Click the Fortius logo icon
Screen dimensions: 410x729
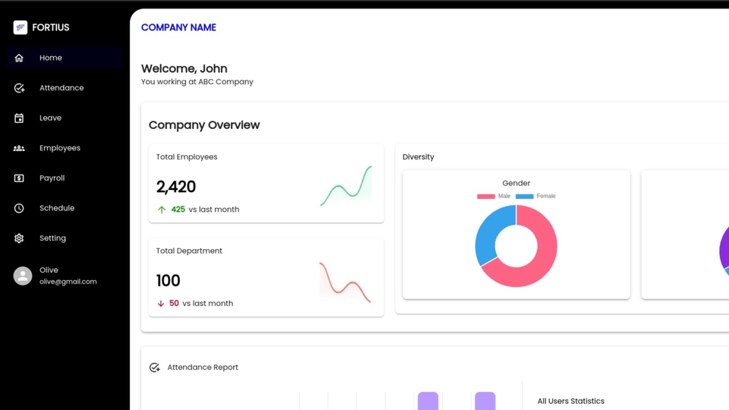21,27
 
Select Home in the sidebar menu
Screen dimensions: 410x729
51,58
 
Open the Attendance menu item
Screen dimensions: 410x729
62,88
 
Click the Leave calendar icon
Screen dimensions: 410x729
19,118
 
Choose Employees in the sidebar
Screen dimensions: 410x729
59,148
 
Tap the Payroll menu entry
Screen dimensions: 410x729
52,178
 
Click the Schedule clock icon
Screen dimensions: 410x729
19,208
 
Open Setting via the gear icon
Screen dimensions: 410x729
19,238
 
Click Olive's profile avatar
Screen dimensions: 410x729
23,276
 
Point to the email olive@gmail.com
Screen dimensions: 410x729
68,282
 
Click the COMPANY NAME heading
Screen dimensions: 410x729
178,27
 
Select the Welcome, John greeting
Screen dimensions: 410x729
184,68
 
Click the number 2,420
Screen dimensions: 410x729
175,187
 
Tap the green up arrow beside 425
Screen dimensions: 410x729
161,210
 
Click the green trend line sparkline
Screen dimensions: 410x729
346,188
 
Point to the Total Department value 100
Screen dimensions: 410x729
168,280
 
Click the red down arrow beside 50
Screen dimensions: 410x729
161,304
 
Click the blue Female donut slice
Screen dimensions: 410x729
491,232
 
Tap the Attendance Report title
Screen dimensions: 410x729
202,367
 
